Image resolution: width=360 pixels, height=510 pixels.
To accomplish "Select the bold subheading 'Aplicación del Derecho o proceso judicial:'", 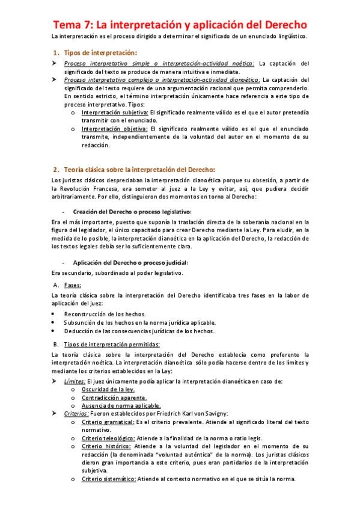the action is tap(130, 262).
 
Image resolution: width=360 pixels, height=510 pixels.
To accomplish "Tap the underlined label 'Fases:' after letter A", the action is tap(72, 285).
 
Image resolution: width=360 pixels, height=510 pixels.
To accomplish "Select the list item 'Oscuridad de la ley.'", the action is tap(108, 389).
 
